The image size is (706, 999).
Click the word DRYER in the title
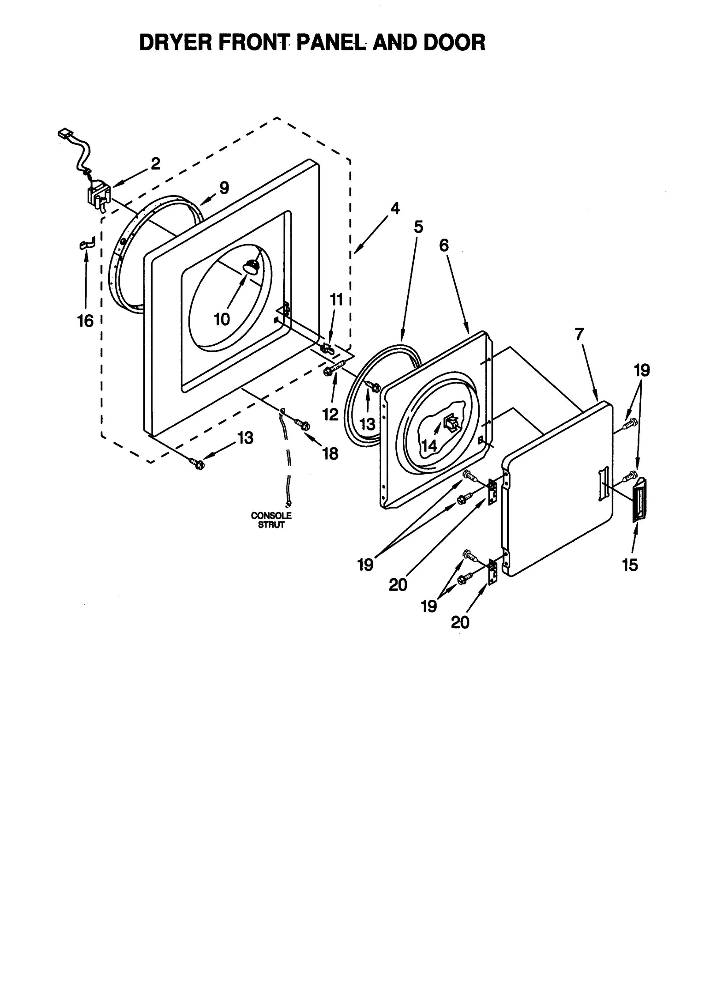tap(175, 43)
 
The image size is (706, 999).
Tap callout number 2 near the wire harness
tap(155, 164)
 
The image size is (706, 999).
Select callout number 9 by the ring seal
tap(224, 188)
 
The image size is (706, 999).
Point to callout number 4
tap(395, 208)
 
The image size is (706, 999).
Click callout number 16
tap(86, 321)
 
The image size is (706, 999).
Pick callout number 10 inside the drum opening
tap(222, 319)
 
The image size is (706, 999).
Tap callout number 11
tap(336, 300)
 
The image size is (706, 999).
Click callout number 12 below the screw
tap(330, 415)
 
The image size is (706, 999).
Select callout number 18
tap(330, 453)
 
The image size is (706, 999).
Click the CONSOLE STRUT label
tap(271, 520)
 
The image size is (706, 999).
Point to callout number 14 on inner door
tap(429, 445)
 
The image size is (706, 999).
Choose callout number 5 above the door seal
tap(418, 227)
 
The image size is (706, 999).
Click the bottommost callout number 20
tap(460, 622)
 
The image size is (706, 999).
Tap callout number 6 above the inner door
tap(443, 245)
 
